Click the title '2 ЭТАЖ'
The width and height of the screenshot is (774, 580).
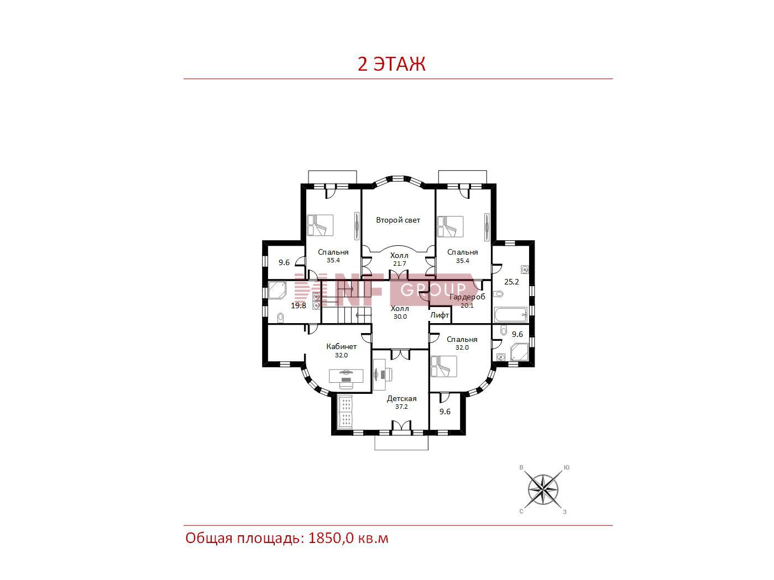(391, 64)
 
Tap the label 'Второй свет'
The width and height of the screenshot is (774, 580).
(398, 220)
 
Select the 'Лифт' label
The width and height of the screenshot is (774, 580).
(440, 315)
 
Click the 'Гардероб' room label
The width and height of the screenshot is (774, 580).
(467, 297)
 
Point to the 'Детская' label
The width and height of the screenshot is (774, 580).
(401, 399)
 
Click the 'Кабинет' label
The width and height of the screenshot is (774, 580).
(341, 346)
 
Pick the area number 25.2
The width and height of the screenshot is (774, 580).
(511, 282)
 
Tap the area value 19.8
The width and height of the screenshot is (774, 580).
(299, 305)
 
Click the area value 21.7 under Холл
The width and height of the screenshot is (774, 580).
(400, 263)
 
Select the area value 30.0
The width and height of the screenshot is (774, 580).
(400, 317)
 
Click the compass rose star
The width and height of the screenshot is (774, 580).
(543, 490)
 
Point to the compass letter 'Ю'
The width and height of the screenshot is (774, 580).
(567, 468)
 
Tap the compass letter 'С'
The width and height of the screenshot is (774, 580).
(521, 512)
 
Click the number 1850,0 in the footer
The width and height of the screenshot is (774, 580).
(331, 539)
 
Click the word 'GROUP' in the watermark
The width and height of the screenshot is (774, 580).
(433, 290)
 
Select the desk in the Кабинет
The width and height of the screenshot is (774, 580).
(346, 376)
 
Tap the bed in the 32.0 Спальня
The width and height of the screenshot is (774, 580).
(443, 367)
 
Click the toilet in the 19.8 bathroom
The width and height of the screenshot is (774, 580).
(281, 318)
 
